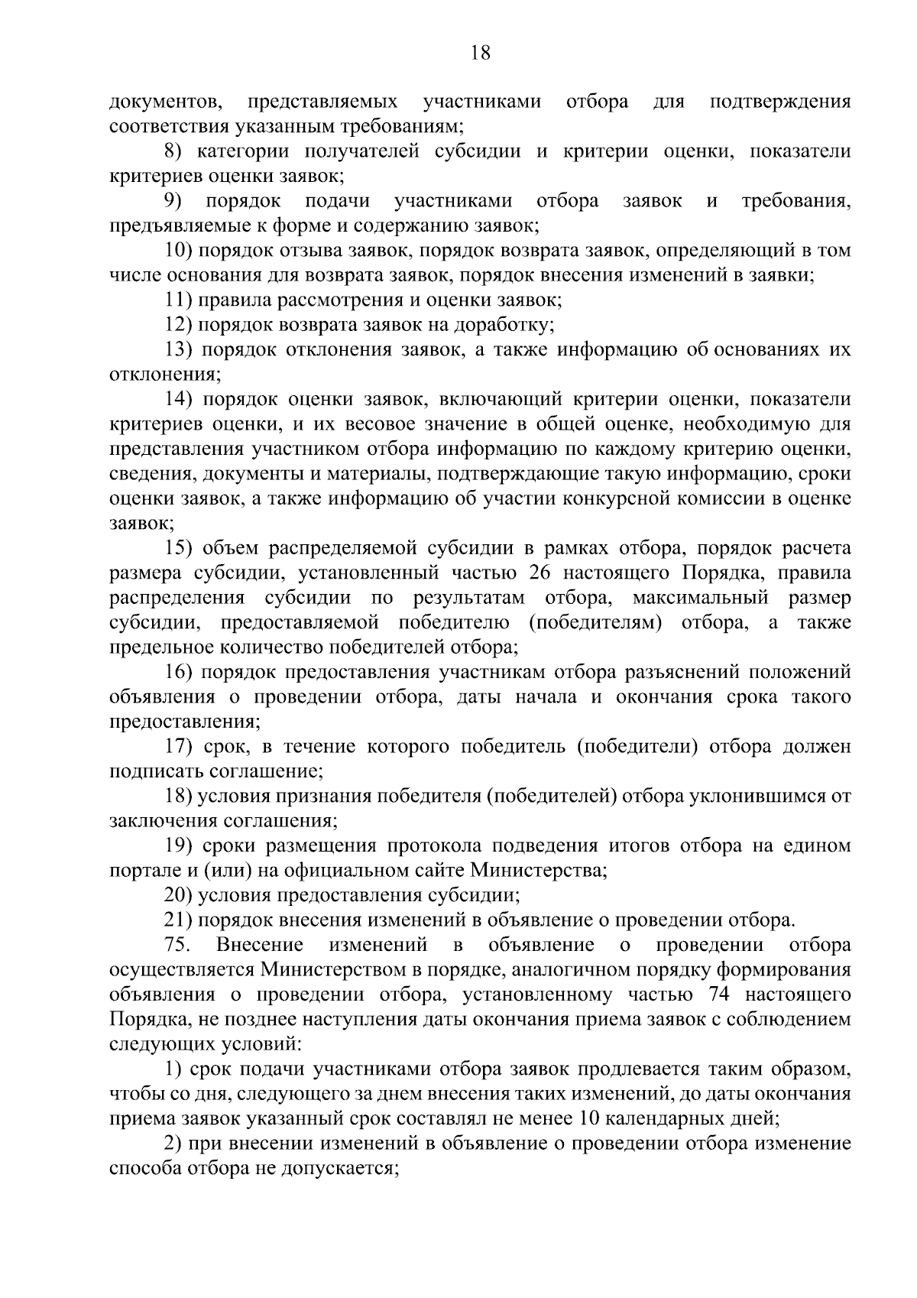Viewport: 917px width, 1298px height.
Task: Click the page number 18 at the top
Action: (x=481, y=53)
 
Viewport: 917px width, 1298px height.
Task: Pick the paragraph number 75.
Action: (x=177, y=946)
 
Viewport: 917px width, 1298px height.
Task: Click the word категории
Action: (x=241, y=151)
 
